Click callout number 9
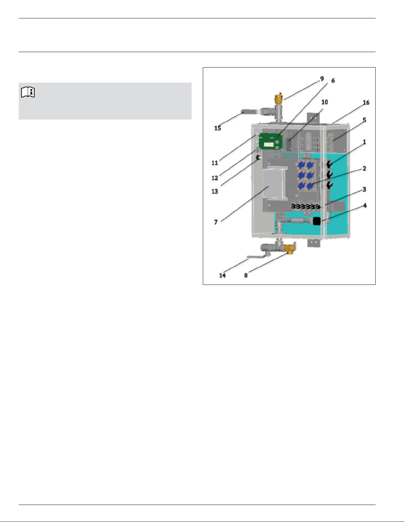[322, 79]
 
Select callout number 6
[333, 81]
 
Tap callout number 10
[325, 102]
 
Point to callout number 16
[366, 102]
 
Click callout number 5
[364, 120]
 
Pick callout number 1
[364, 142]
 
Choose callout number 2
[364, 168]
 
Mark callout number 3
[364, 189]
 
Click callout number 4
[365, 206]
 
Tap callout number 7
[216, 222]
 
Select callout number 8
[246, 276]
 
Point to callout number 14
[222, 276]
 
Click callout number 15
[218, 128]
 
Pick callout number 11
[215, 163]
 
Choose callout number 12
[215, 178]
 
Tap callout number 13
[215, 191]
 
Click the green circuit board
[270, 142]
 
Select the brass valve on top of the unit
[278, 98]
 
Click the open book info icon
[28, 92]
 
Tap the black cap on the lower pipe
[317, 221]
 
